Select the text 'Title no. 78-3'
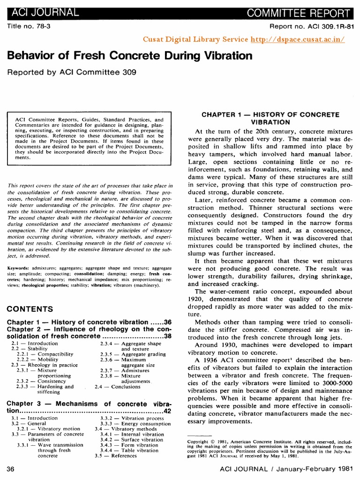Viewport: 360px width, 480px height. coord(29,27)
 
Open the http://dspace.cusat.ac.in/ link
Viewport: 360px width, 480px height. coord(291,40)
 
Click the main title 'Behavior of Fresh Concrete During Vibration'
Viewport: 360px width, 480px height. coord(130,56)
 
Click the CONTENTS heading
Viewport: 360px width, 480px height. coord(30,309)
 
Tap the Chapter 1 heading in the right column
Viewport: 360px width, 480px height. coord(270,118)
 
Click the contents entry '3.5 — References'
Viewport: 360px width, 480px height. coord(115,455)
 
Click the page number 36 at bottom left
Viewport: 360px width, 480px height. coord(12,469)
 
